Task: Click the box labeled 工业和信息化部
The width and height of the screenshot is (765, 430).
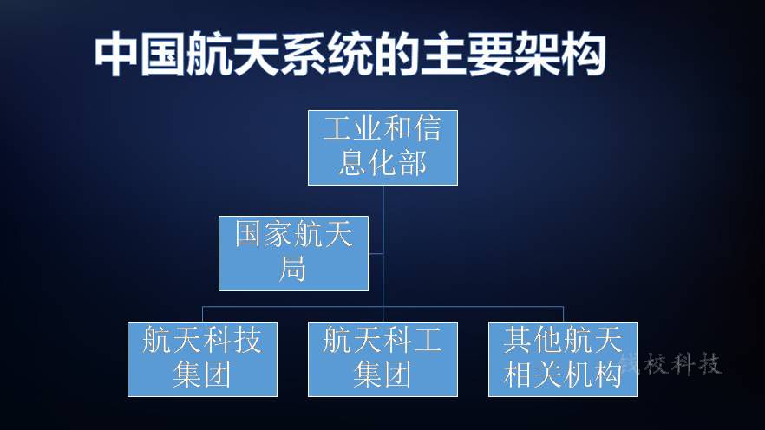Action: click(382, 147)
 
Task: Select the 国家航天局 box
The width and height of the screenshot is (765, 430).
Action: click(293, 253)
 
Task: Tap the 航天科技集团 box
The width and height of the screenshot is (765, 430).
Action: click(202, 359)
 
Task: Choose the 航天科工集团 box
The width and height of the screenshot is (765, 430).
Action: click(382, 359)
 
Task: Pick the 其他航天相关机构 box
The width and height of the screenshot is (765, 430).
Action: click(563, 359)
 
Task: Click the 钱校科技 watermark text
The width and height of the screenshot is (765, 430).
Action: click(670, 363)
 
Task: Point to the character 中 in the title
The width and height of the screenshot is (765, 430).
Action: click(116, 54)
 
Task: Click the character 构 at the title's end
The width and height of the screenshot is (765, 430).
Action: click(584, 54)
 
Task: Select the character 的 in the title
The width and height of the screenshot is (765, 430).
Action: click(396, 54)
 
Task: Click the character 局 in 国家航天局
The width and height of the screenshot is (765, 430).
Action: click(293, 269)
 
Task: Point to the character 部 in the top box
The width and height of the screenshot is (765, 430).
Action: click(413, 163)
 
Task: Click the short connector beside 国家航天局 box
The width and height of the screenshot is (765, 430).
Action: click(376, 253)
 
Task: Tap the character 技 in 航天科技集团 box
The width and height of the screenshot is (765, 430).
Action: click(248, 340)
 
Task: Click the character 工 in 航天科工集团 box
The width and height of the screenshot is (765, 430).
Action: click(428, 340)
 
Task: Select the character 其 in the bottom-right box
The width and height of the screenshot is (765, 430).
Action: click(518, 340)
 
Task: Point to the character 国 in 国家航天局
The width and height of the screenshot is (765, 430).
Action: click(248, 234)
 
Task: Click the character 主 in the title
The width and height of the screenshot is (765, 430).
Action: click(443, 54)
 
